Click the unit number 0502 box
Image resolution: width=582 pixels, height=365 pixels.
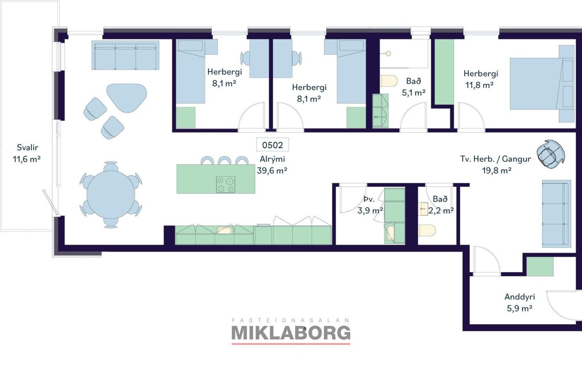coord(272,145)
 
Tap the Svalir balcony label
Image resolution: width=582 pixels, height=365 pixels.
coord(28,147)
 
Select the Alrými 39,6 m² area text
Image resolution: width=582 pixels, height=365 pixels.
coord(272,165)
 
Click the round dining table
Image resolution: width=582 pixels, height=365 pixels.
coord(111,195)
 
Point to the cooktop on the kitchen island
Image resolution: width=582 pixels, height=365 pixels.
coord(226,184)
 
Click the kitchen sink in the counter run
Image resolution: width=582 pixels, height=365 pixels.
coord(224,230)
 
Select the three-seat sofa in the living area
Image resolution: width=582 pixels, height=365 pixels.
coord(125,55)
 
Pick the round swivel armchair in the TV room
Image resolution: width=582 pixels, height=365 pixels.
coord(550,154)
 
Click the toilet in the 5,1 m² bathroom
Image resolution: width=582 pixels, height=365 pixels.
coord(389,81)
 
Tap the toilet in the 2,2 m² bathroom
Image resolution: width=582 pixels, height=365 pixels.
coord(427,230)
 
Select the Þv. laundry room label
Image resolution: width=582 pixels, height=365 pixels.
coord(369,200)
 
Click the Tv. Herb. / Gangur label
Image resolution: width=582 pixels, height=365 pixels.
coord(495,159)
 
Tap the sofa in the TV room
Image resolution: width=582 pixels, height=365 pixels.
coord(556,214)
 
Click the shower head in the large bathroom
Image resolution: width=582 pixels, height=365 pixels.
coord(388,53)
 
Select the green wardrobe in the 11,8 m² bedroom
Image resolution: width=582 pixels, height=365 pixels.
coord(444,72)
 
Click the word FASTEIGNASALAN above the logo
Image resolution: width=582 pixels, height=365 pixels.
coord(291,320)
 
